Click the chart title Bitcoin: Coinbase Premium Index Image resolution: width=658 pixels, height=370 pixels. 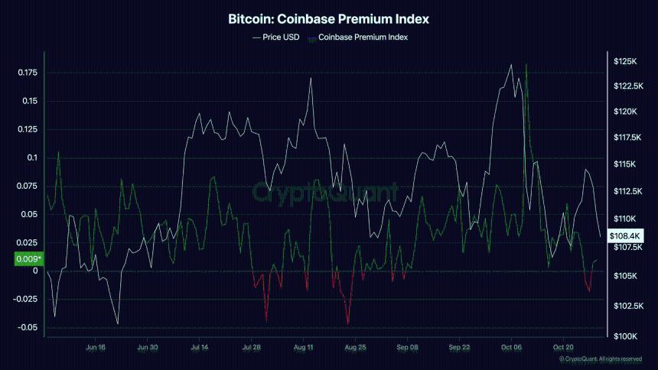tap(329, 18)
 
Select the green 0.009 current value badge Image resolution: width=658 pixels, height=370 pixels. tap(28, 259)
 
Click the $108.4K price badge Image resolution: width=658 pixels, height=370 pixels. tap(624, 236)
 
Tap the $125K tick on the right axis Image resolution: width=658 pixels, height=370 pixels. tap(625, 60)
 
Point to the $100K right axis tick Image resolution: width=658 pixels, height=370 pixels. tap(625, 336)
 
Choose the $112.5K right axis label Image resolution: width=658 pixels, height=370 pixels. tap(629, 191)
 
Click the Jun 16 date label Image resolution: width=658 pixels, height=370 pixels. tap(96, 347)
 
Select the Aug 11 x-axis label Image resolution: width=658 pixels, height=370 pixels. tap(304, 347)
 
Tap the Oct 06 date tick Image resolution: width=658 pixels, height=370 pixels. tap(512, 347)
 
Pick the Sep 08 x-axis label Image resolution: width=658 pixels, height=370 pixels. tap(408, 347)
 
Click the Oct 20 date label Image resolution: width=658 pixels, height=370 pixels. tap(564, 347)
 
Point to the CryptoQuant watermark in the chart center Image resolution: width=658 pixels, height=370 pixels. tap(326, 190)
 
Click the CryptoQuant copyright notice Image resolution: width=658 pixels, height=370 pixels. tap(600, 359)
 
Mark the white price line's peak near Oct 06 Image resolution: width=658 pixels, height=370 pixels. tap(510, 65)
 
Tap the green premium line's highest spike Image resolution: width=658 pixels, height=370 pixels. tap(526, 64)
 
